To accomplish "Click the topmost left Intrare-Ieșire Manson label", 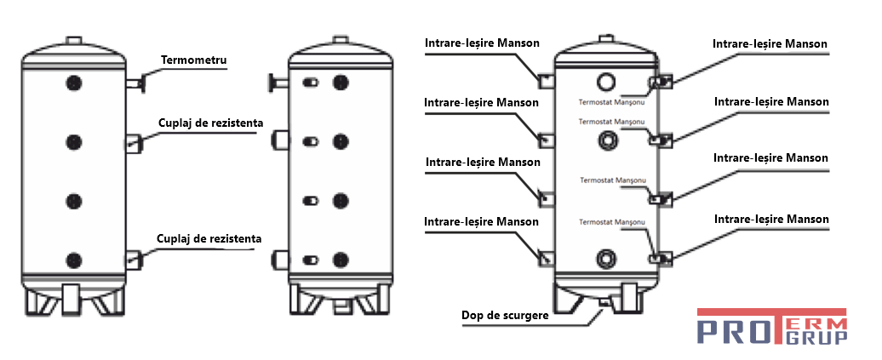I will click(x=482, y=43).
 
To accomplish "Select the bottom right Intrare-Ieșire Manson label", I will click(x=771, y=219).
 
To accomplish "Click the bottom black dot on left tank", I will click(x=74, y=260).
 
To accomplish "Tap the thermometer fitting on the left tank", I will click(x=136, y=83).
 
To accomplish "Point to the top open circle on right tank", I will click(x=606, y=82).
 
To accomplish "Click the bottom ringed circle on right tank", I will click(x=606, y=257).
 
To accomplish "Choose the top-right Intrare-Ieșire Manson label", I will click(x=770, y=43).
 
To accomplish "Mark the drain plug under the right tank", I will click(x=605, y=302).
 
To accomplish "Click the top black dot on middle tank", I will click(x=341, y=83).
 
